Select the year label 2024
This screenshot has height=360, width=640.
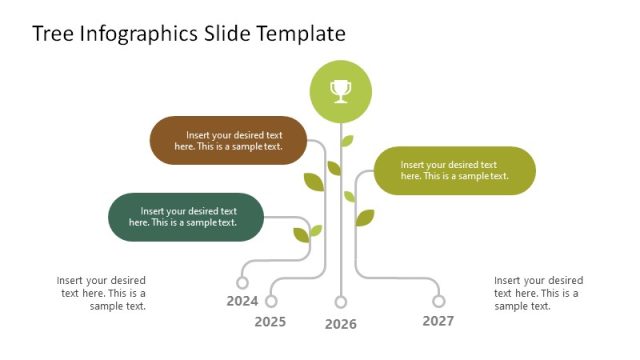tap(242, 301)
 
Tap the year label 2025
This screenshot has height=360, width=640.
tap(270, 322)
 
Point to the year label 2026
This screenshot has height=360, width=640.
tap(341, 324)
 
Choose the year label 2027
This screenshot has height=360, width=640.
tap(438, 321)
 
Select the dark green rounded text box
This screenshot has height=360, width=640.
tap(185, 217)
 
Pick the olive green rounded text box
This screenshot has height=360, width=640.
tap(455, 170)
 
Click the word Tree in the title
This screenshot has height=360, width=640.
tap(51, 33)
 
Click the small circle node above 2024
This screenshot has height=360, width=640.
tap(242, 283)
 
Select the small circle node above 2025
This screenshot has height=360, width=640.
tap(271, 301)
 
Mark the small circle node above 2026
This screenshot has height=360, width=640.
tap(341, 302)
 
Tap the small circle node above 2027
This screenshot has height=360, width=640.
tap(438, 301)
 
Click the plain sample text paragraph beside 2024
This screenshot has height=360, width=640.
tap(102, 293)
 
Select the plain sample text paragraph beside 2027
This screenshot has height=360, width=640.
tap(538, 293)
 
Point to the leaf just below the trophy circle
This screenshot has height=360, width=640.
tap(347, 141)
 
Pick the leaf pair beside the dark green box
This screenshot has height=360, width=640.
tap(306, 233)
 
